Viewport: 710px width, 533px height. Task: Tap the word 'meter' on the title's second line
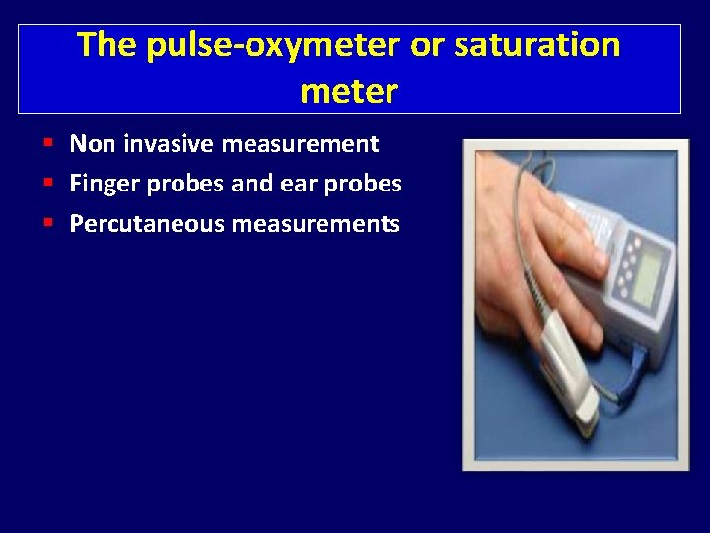pos(349,92)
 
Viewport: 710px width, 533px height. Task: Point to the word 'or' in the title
pos(428,45)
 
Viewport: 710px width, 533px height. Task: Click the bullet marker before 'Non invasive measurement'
pos(48,145)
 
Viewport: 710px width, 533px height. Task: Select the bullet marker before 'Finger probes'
pos(48,185)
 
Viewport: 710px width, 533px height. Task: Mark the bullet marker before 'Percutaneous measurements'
pos(48,224)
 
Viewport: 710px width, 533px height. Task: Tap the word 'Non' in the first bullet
pos(92,145)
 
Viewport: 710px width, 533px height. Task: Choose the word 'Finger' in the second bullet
pos(103,185)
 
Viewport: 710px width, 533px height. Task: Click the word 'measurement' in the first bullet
pos(300,145)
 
